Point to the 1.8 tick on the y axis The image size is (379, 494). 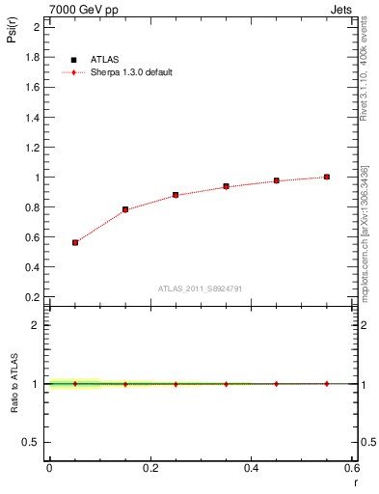[34, 57]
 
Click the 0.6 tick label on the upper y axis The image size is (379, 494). [34, 237]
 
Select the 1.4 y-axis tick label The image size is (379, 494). [34, 117]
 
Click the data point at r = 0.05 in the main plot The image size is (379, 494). [74, 242]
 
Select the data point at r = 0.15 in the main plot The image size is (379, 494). [125, 209]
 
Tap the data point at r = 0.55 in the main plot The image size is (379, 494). [327, 177]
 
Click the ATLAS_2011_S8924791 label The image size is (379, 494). [200, 288]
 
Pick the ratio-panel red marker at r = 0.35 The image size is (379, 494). [226, 384]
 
